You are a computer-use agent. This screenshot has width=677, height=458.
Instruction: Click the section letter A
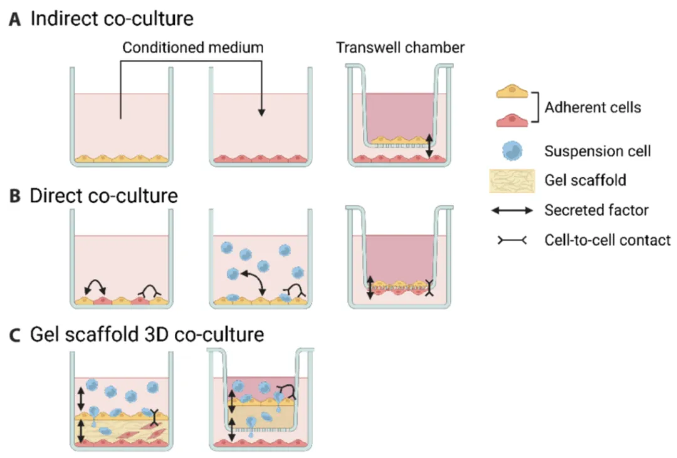pos(15,19)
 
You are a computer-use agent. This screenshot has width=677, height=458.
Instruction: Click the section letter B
pos(15,196)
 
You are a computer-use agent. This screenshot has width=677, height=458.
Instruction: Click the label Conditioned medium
pos(193,48)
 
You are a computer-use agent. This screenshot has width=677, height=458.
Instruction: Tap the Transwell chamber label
pos(401,48)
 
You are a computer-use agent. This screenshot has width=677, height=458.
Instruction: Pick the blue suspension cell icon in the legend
pos(512,151)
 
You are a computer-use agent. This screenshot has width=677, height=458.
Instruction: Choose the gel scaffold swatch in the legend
pos(512,181)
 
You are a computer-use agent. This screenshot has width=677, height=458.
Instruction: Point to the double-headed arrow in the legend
pos(512,211)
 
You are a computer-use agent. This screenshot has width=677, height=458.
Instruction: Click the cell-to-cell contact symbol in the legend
pos(512,240)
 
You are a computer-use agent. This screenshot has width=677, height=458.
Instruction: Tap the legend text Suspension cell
pos(597,151)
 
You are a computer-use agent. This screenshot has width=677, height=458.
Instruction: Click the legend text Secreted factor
pos(596,211)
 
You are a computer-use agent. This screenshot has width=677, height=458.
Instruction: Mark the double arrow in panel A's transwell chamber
pos(429,146)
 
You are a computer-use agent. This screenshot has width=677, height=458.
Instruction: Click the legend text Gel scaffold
pos(585,181)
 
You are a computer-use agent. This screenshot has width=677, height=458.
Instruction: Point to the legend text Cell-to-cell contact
pos(607,240)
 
